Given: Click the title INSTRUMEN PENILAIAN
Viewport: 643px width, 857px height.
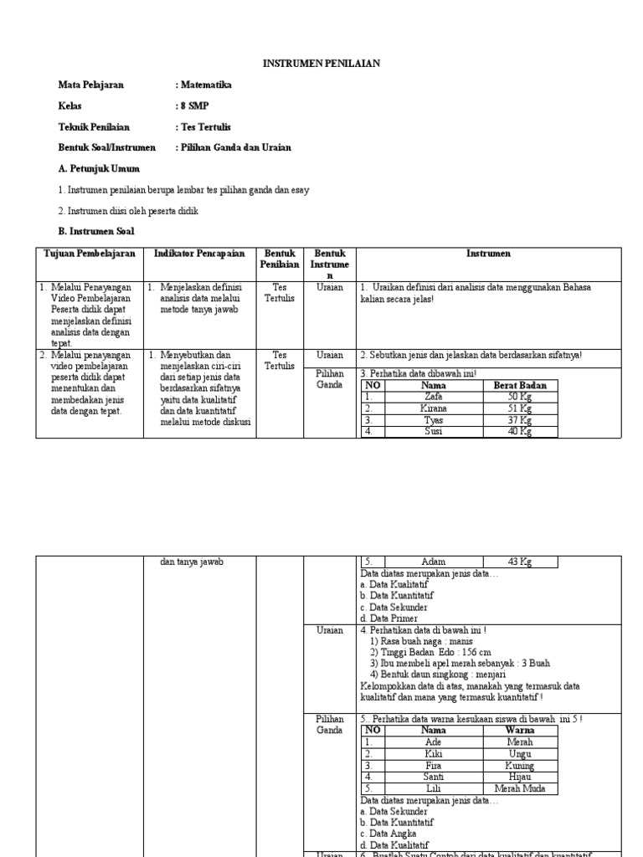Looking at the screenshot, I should (x=321, y=63).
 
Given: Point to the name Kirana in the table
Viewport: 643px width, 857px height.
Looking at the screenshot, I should (x=433, y=408).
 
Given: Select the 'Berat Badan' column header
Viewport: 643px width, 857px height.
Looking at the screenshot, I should (x=520, y=386).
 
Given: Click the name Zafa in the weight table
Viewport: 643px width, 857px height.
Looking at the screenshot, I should (x=433, y=397).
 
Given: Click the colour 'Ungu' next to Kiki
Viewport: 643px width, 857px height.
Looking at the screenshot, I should (x=519, y=754).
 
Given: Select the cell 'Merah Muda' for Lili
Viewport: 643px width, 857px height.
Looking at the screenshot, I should (x=519, y=789).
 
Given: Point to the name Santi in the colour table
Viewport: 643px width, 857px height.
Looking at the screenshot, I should (x=433, y=777).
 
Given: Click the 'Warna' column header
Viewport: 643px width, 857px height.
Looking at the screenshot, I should (x=520, y=731).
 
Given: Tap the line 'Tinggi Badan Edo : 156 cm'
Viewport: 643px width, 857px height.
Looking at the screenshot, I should (x=430, y=652).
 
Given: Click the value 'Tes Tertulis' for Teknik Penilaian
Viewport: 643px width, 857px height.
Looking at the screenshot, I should (x=203, y=127).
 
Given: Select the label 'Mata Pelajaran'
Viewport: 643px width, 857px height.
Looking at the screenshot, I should (x=90, y=85).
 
